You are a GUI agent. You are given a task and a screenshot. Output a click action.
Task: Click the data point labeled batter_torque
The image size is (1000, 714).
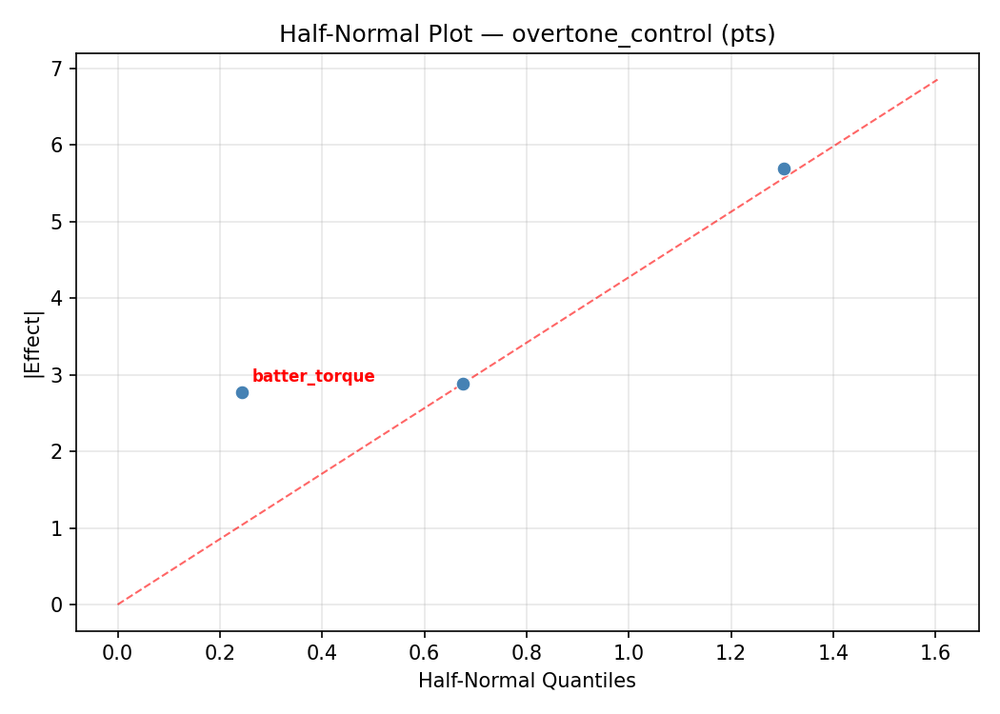(242, 392)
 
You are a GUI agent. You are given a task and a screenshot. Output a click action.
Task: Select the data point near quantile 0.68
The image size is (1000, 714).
(463, 384)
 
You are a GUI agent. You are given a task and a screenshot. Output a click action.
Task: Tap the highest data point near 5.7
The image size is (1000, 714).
(784, 169)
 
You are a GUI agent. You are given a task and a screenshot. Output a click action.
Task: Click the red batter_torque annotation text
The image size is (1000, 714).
(313, 377)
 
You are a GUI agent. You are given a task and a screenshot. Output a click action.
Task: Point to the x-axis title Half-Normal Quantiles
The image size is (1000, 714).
(527, 681)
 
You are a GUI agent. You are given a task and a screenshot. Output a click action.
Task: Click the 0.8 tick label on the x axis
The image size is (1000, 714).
(527, 653)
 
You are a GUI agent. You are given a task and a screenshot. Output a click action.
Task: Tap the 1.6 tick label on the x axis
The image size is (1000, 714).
(935, 653)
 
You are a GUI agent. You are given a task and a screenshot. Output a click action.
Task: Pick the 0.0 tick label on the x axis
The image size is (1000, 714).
(118, 653)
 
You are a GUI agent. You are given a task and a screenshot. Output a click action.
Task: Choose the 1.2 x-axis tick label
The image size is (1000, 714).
(730, 653)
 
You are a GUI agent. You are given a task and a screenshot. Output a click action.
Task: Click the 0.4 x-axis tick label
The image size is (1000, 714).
(322, 653)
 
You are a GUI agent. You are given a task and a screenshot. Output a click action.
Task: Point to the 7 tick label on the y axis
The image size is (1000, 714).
(57, 69)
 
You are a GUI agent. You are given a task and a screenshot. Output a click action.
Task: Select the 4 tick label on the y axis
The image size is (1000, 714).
(57, 299)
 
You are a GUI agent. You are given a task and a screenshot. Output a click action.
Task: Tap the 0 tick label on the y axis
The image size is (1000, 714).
(57, 605)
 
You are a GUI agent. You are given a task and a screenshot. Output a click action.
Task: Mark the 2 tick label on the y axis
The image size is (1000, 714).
(57, 451)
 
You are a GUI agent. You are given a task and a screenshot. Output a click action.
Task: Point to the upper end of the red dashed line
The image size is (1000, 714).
(937, 80)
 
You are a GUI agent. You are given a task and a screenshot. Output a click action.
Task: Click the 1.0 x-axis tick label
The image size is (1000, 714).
(629, 653)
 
